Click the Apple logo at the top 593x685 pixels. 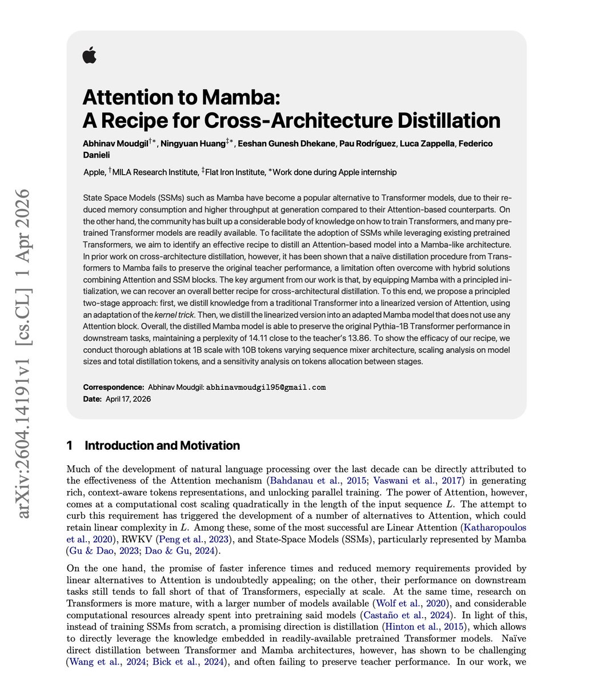pyautogui.click(x=90, y=55)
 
